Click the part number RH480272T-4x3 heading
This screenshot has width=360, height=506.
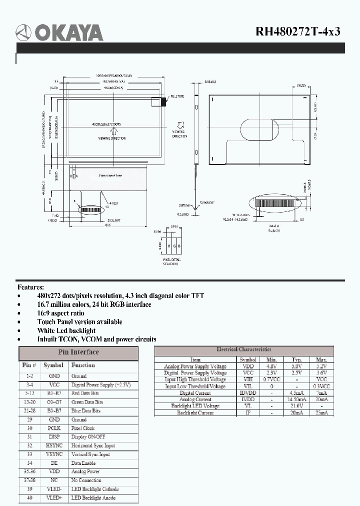(x=298, y=31)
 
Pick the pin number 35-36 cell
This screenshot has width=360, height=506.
(x=29, y=471)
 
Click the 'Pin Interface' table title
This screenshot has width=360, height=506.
(x=78, y=352)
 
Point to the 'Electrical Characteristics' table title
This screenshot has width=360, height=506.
(x=243, y=349)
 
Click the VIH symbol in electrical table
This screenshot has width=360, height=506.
(x=247, y=379)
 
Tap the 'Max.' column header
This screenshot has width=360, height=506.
(x=321, y=359)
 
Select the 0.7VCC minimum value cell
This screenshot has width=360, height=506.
(x=271, y=379)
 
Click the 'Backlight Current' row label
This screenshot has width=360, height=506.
(x=195, y=412)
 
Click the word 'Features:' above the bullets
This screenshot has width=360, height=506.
(x=31, y=287)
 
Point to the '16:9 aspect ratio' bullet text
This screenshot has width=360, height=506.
(x=60, y=313)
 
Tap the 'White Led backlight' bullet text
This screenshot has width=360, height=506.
(x=66, y=330)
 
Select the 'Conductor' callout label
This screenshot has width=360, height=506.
(x=207, y=202)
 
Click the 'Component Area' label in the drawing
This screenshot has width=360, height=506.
(x=110, y=175)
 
